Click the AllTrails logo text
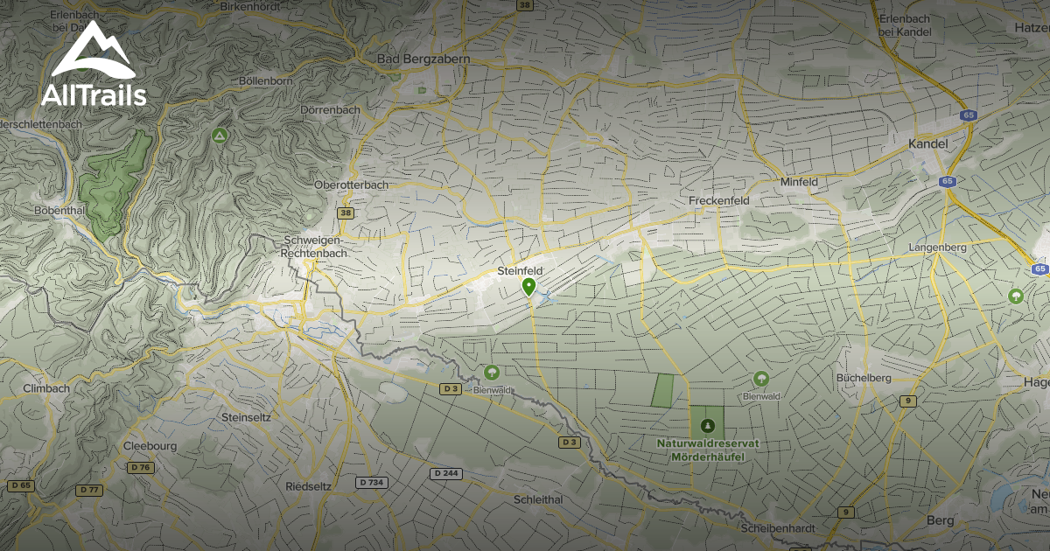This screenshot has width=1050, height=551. [94, 95]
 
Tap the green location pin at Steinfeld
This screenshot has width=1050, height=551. [528, 287]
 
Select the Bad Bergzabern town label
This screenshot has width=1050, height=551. [423, 59]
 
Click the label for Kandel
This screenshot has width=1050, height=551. [928, 143]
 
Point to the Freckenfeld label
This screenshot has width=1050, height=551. [719, 200]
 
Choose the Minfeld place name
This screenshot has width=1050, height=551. [798, 182]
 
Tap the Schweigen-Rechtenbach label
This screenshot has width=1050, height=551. [314, 247]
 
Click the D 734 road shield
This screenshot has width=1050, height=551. [372, 483]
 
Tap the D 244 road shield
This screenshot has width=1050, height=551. [446, 473]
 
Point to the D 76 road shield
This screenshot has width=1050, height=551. [140, 468]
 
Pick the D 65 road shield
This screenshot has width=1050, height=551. [20, 485]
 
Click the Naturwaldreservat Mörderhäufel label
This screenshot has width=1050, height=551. [707, 450]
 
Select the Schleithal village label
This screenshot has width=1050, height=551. [539, 499]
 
